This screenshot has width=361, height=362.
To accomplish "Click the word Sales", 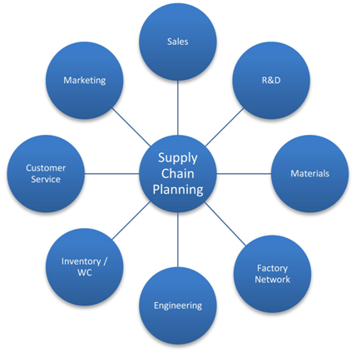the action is point(178,42).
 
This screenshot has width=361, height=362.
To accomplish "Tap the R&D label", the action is point(271,80).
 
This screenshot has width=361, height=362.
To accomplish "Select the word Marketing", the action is point(85,81).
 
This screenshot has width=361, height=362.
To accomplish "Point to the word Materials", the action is point(310,174).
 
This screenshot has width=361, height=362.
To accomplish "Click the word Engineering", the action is point(178,305).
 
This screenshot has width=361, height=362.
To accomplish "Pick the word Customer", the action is point(46,168).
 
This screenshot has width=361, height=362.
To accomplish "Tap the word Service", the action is point(46,179).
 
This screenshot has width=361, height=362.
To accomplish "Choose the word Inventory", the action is point(82,261).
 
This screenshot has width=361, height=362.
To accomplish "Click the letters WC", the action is point(85,273).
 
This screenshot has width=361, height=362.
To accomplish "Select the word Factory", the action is point(272,269).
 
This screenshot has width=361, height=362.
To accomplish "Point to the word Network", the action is point(272,280).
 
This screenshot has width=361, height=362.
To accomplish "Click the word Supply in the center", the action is point(178,158).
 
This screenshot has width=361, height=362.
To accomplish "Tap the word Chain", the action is point(178,174).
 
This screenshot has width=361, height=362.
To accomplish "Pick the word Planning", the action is point(178,190).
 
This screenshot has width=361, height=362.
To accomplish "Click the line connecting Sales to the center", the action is point(178,108).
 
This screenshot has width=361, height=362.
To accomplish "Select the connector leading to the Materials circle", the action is point(244,174).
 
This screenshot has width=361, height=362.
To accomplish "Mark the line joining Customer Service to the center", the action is point(111,174).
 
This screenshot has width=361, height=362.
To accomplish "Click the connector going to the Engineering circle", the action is point(178,240).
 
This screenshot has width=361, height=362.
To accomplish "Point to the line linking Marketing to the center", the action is point(131,127).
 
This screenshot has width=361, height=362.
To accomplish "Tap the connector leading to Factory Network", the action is point(225,224).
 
